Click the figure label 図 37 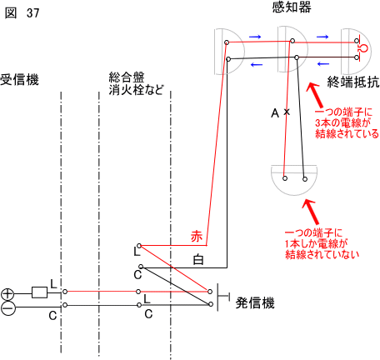click(x=22, y=12)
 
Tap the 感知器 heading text click(x=292, y=7)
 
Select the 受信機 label click(x=19, y=80)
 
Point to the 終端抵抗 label click(x=353, y=82)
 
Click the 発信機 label click(x=255, y=302)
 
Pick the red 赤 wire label click(x=197, y=237)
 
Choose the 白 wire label click(x=198, y=260)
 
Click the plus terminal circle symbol click(x=7, y=294)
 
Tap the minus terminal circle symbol click(x=7, y=309)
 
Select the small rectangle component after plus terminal click(x=39, y=292)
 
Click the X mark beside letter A click(x=287, y=112)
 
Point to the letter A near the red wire click(x=275, y=113)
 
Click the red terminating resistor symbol click(x=362, y=49)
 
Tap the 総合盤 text click(x=127, y=77)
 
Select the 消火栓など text click(x=136, y=90)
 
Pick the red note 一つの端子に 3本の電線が click(x=343, y=117)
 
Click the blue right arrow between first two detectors click(x=255, y=37)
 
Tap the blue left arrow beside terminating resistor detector click(x=323, y=64)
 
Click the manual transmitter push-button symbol click(x=223, y=297)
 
